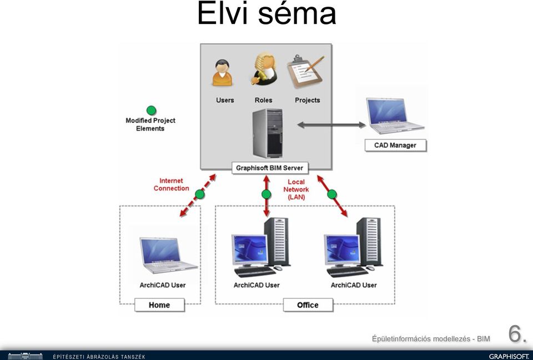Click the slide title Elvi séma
(x=266, y=13)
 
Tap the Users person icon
(x=222, y=73)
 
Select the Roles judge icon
(x=264, y=69)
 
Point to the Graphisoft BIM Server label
(x=270, y=168)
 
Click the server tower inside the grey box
(x=268, y=133)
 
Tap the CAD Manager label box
(x=395, y=146)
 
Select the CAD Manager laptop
(x=395, y=116)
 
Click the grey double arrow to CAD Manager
(x=331, y=125)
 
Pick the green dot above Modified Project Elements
(x=151, y=111)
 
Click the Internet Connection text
(x=172, y=184)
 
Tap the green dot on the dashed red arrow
(x=200, y=194)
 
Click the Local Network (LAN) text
(x=296, y=189)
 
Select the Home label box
(x=159, y=305)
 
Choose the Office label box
(x=308, y=305)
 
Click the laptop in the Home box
(x=168, y=255)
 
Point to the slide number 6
(x=517, y=334)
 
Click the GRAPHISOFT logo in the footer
(x=509, y=356)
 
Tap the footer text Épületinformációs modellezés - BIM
(x=431, y=339)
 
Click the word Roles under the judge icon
(x=263, y=100)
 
